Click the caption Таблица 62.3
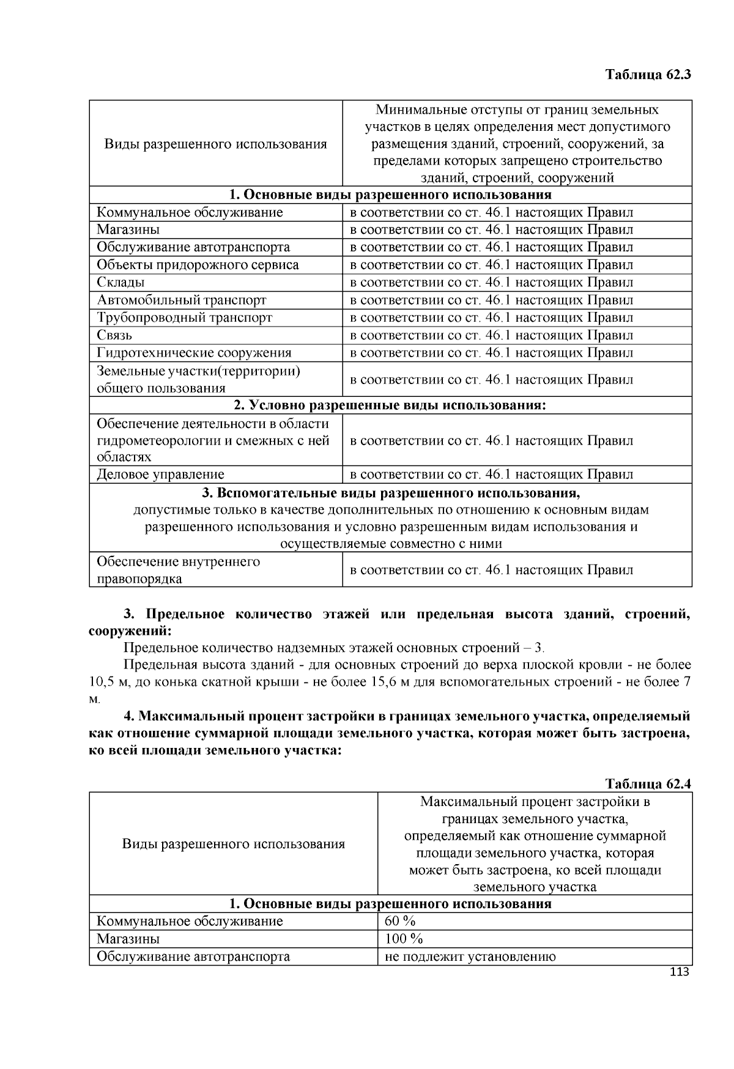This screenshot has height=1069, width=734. tap(648, 75)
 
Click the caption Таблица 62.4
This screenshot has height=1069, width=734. tap(648, 784)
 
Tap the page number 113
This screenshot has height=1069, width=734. tap(680, 972)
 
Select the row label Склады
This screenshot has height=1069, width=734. tap(121, 283)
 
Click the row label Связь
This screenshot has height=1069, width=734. tap(114, 335)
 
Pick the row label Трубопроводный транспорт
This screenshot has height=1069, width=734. tap(184, 317)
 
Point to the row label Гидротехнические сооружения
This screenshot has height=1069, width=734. tap(194, 353)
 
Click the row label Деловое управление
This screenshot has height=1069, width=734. tap(160, 475)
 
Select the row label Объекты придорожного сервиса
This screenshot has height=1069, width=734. tap(198, 265)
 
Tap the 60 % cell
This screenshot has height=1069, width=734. tap(400, 922)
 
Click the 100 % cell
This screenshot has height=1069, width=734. tap(404, 939)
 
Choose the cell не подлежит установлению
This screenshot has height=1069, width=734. tap(470, 956)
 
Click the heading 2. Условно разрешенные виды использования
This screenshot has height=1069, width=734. tap(390, 405)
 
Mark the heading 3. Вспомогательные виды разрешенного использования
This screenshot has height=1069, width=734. tap(390, 493)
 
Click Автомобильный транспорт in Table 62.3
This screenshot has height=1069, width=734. tap(182, 300)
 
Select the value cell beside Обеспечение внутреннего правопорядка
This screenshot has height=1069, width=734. tap(491, 570)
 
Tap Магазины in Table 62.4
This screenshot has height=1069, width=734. tap(128, 939)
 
